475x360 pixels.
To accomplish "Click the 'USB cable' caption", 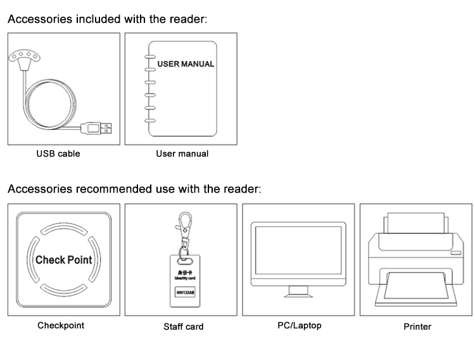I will tap(58, 153).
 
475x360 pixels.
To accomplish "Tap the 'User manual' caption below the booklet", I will tap(182, 153).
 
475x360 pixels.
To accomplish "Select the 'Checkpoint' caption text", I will tap(60, 325).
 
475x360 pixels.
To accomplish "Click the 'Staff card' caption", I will tap(184, 326).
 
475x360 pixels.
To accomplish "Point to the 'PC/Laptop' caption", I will tap(299, 325).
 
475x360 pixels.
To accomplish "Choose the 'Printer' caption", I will tap(417, 326).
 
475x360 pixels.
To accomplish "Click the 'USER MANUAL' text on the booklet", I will tap(186, 64).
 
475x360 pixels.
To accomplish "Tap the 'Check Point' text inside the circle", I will tap(63, 260).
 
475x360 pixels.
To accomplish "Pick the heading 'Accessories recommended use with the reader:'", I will tap(134, 189).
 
